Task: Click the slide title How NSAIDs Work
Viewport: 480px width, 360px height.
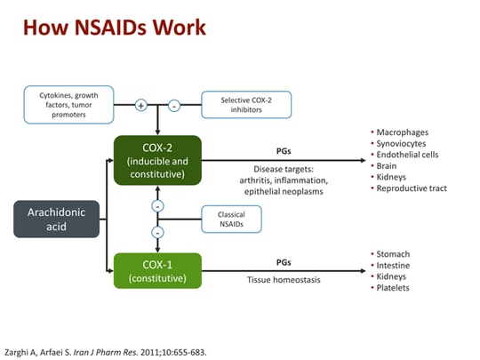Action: coord(114,28)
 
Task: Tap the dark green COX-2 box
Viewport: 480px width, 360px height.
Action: coord(157,160)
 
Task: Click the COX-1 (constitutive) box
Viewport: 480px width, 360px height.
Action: coord(157,271)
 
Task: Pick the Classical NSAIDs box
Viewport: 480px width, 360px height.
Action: coord(231,219)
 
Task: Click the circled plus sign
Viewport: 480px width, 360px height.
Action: coord(140,105)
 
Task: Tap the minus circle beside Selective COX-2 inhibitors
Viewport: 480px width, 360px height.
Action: coord(174,105)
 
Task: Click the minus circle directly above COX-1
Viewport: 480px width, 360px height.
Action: coord(157,233)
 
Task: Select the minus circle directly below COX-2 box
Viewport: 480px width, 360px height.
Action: coord(157,205)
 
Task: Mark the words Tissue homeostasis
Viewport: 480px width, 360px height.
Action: coord(284,280)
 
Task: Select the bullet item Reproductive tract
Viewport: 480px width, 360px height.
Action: coord(412,188)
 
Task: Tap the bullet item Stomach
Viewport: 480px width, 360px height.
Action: coord(394,254)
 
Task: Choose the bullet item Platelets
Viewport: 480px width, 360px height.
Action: coord(394,289)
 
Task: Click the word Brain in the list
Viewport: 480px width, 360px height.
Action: coord(388,165)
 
